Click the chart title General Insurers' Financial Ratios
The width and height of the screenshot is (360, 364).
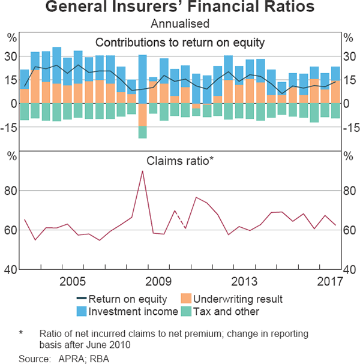point(180,8)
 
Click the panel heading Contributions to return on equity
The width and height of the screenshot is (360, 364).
point(180,42)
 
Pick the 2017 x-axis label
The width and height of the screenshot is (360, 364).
point(329,281)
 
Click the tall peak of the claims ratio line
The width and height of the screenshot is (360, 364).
point(142,172)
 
